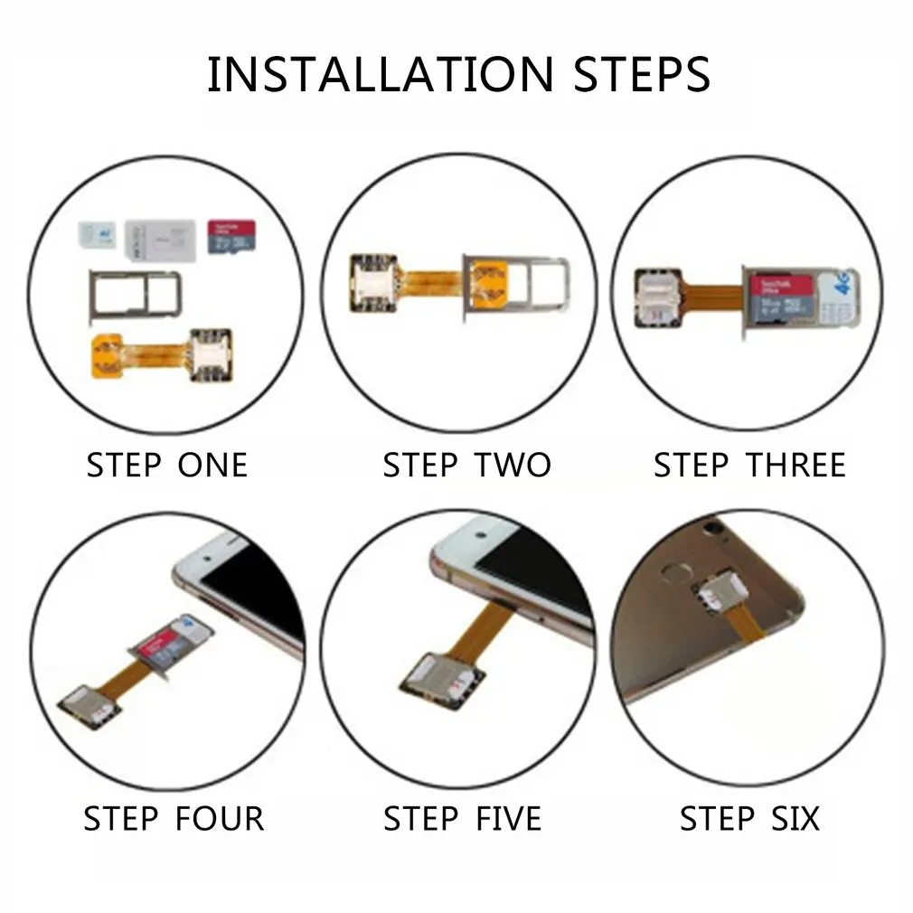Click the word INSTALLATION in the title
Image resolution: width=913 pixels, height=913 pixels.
(x=380, y=75)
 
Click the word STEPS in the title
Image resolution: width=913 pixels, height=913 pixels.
(x=642, y=75)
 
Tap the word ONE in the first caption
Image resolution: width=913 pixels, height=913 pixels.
(x=213, y=466)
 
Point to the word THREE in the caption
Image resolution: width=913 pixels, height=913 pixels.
(x=795, y=466)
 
